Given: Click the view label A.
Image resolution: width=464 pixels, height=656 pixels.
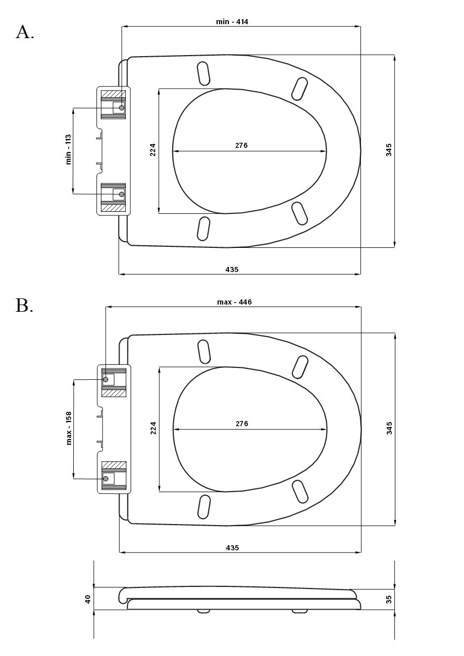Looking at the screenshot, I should tap(25, 32).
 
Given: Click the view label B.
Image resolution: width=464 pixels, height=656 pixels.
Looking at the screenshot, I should tap(24, 305).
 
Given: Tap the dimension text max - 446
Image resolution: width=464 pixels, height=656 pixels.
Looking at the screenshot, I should tap(234, 302).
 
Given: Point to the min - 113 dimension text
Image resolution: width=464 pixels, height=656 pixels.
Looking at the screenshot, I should tap(69, 149).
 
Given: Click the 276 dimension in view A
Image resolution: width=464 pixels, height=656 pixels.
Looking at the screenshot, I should tap(241, 145).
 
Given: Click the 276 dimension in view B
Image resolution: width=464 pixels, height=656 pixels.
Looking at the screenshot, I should tap(242, 424).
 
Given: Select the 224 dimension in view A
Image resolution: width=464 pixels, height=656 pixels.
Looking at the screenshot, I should tap(153, 149).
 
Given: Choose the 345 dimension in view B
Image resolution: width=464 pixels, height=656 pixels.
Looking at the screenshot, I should tap(389, 428).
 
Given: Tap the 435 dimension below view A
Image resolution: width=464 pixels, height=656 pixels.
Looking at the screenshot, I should tap(232, 270).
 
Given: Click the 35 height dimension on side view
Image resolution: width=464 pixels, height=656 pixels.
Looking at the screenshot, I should tap(389, 599).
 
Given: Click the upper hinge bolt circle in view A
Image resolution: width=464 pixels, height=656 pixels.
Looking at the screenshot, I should tap(122, 107).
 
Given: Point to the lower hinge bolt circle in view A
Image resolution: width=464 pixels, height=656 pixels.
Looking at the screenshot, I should tap(122, 194).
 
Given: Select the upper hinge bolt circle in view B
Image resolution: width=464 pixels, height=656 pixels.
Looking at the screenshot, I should tap(106, 379).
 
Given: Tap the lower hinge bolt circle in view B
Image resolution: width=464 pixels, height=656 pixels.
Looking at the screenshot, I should tap(106, 479).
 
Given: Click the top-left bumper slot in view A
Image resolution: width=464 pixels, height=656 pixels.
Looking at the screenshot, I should tap(204, 74).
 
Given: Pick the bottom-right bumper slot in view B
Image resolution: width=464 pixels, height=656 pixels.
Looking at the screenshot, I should tap(300, 491).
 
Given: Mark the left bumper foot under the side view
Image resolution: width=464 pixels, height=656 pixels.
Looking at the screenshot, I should tap(204, 611).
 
